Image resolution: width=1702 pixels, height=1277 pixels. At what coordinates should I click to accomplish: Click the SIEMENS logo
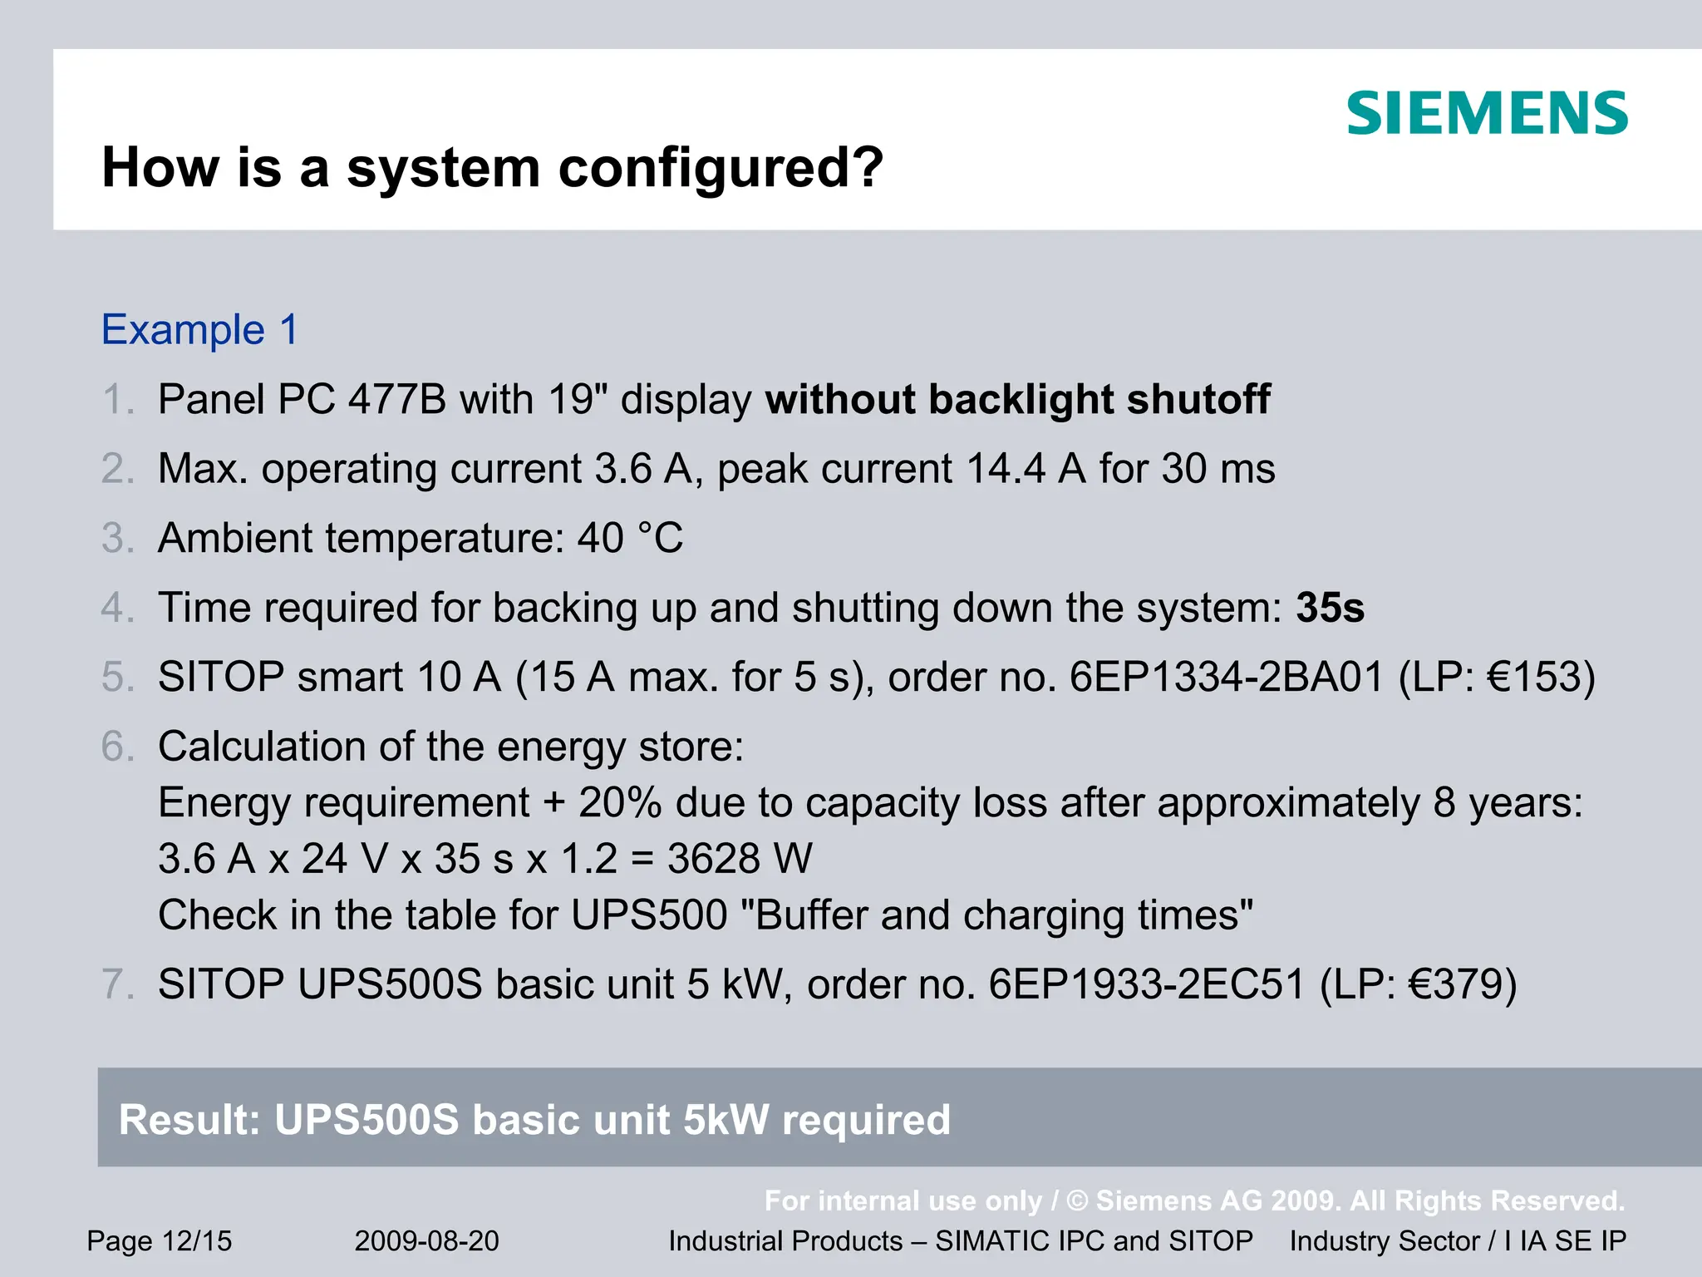pyautogui.click(x=1487, y=113)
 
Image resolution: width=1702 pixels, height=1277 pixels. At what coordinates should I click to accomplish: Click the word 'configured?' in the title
pyautogui.click(x=721, y=168)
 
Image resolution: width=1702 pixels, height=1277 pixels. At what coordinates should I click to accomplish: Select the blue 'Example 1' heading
pyautogui.click(x=199, y=330)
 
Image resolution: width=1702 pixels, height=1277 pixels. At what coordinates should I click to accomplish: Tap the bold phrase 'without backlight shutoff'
pyautogui.click(x=1018, y=399)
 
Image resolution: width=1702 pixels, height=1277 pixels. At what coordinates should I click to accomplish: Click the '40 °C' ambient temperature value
pyautogui.click(x=630, y=538)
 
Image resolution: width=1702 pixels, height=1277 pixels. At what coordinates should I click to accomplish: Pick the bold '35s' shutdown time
pyautogui.click(x=1330, y=608)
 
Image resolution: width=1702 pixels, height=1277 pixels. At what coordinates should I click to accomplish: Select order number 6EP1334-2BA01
pyautogui.click(x=1227, y=677)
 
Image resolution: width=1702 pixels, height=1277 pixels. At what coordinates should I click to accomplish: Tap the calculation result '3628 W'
pyautogui.click(x=740, y=859)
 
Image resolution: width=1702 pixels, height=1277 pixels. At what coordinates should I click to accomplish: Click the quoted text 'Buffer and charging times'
pyautogui.click(x=996, y=915)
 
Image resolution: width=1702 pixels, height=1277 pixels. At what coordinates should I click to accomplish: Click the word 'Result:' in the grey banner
pyautogui.click(x=189, y=1119)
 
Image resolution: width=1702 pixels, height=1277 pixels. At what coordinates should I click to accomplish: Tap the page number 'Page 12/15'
pyautogui.click(x=160, y=1241)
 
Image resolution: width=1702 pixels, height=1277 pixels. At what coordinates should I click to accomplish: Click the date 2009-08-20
pyautogui.click(x=426, y=1241)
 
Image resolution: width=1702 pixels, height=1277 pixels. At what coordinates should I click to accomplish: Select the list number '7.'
pyautogui.click(x=116, y=984)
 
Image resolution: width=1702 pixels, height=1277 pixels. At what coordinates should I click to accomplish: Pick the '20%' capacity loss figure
pyautogui.click(x=620, y=803)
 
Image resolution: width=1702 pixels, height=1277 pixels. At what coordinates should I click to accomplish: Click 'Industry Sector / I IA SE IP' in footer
pyautogui.click(x=1458, y=1241)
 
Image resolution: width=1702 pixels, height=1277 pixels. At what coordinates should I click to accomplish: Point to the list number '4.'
pyautogui.click(x=116, y=608)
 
